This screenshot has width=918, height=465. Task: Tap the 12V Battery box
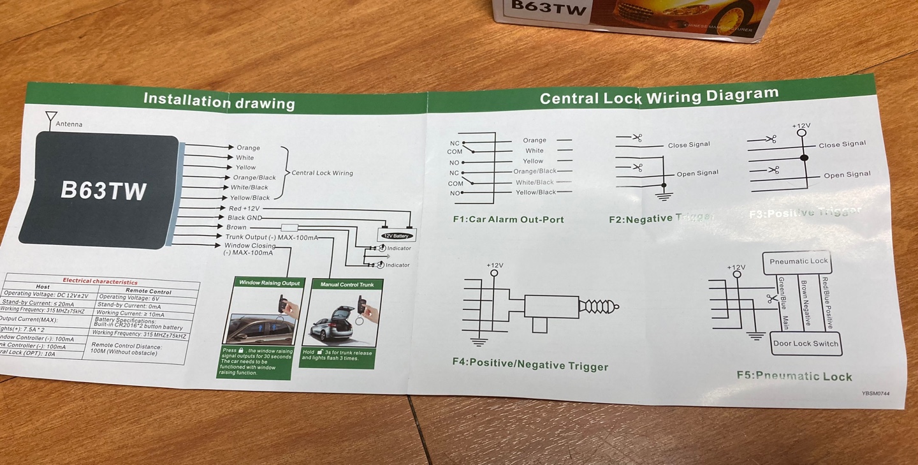(397, 235)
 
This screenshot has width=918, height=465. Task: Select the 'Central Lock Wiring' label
(322, 173)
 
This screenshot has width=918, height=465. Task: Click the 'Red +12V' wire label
(244, 209)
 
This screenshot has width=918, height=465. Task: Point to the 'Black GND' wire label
(245, 218)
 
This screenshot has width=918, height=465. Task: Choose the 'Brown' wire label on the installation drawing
(236, 227)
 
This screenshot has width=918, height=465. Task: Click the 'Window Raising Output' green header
(269, 283)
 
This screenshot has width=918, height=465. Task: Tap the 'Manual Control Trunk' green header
(347, 284)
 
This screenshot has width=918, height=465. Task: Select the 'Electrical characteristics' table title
(99, 281)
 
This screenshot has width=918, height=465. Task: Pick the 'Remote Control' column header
(148, 291)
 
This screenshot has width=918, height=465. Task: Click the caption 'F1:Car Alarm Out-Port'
(508, 219)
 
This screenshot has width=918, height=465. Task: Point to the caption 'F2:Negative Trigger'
(661, 219)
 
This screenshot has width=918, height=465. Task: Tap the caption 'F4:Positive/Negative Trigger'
(530, 364)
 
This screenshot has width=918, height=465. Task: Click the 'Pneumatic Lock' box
(798, 262)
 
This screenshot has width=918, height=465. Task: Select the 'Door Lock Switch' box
(806, 344)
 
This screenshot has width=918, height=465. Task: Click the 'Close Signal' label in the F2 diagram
(688, 145)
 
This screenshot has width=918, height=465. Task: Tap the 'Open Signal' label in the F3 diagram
(847, 175)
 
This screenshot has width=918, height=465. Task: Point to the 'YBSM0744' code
(875, 394)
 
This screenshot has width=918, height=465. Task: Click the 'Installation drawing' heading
(219, 101)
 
